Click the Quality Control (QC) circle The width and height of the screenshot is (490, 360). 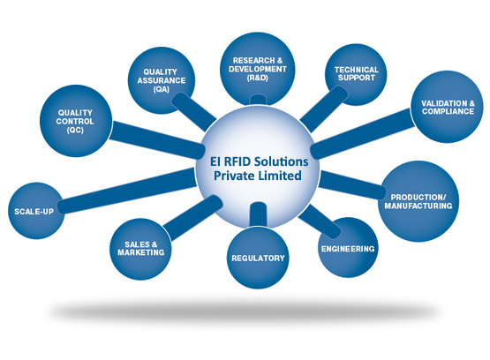click(76, 121)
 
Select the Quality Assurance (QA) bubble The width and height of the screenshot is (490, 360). click(162, 80)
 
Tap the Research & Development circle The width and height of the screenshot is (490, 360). click(258, 69)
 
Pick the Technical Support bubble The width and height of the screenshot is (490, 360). click(356, 75)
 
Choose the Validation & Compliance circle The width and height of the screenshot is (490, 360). click(448, 107)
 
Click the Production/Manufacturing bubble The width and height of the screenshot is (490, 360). click(418, 201)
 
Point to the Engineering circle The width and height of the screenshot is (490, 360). click(348, 247)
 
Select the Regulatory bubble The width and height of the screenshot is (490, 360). click(258, 258)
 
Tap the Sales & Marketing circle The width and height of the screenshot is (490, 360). click(141, 249)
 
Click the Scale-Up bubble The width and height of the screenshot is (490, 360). click(36, 211)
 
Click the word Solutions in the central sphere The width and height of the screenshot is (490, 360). click(282, 161)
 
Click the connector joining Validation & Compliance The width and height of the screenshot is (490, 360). click(363, 133)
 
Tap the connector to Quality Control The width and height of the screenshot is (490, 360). click(156, 139)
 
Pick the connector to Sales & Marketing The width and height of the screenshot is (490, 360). click(192, 218)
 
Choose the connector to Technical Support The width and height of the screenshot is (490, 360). click(323, 109)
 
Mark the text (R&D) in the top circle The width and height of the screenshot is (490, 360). click(258, 78)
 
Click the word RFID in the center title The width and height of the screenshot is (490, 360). click(235, 161)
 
